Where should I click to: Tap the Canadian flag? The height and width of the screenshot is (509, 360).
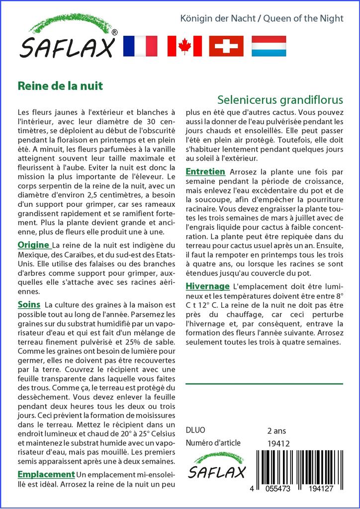[x=184, y=46]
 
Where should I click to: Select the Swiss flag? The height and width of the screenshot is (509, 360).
[x=226, y=46]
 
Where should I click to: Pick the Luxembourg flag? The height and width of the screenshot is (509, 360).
[x=269, y=46]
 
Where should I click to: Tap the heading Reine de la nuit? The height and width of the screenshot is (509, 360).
[x=60, y=85]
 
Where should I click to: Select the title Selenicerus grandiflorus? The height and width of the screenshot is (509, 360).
[x=280, y=99]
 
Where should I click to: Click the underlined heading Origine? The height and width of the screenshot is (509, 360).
[x=34, y=245]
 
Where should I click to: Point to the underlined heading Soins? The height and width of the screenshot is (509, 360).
[x=29, y=304]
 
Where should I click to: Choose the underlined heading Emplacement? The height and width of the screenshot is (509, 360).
[x=46, y=474]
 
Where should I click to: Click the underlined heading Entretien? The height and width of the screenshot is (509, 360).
[x=205, y=172]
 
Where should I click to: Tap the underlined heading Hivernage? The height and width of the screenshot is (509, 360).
[x=207, y=286]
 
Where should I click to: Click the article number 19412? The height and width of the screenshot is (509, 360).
[x=278, y=443]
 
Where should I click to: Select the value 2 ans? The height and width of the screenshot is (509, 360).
[x=276, y=430]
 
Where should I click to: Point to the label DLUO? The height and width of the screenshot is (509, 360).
[x=195, y=430]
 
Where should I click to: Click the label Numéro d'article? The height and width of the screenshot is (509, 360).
[x=213, y=443]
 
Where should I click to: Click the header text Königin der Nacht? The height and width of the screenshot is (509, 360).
[x=220, y=19]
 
